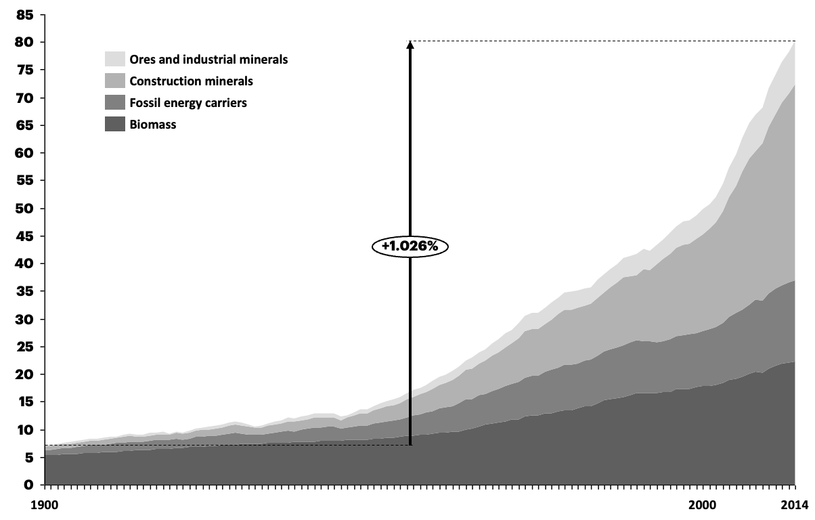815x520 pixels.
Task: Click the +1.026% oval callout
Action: pos(410,246)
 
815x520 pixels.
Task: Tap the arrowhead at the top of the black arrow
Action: pos(410,47)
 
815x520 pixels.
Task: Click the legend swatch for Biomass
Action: pos(114,124)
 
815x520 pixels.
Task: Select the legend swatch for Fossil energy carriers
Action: pos(114,102)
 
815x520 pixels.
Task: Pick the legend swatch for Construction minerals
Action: pos(114,81)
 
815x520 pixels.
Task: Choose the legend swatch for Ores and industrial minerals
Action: pos(114,59)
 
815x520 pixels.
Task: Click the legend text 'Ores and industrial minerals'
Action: pos(208,60)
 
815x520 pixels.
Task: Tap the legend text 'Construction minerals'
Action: pos(191,81)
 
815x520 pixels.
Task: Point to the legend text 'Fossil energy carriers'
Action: pos(188,103)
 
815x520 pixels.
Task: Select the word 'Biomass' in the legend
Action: pos(152,125)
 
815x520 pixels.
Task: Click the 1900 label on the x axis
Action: pos(45,504)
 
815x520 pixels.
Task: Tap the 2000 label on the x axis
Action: pos(702,504)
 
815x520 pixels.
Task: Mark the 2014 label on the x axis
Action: pos(794,504)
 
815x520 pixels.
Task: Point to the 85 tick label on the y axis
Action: pos(24,15)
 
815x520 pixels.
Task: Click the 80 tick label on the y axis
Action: pos(24,43)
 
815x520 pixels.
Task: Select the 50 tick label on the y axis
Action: pos(24,209)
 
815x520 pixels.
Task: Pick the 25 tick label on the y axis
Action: pos(24,347)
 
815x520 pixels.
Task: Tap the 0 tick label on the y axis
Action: pos(29,485)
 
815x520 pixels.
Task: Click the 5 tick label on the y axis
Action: pos(29,457)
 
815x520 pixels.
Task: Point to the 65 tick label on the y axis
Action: pos(24,125)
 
